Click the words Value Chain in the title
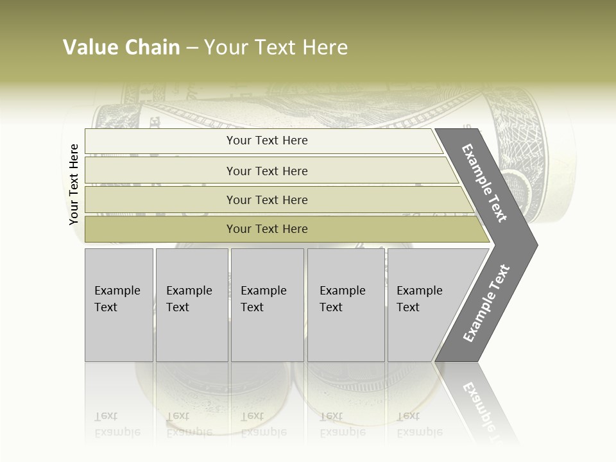point(121,47)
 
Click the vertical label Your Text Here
point(74,184)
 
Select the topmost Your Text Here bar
point(267,141)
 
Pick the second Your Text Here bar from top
point(267,171)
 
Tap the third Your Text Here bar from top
point(267,200)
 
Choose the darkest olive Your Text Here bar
point(267,229)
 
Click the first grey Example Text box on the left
point(119,305)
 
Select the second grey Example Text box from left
point(192,305)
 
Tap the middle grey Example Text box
point(267,305)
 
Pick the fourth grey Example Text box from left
point(346,305)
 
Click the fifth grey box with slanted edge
point(424,305)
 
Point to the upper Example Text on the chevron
point(485,183)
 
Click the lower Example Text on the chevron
point(486,303)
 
